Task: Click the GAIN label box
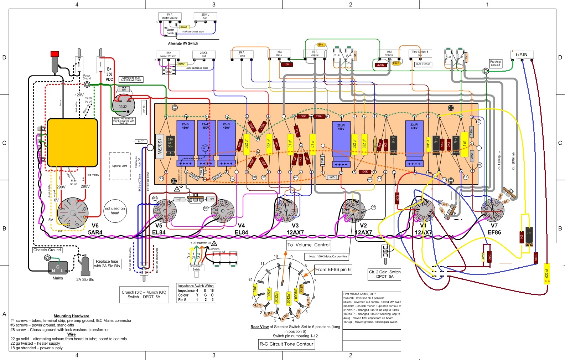click(x=522, y=55)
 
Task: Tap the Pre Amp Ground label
click(x=495, y=63)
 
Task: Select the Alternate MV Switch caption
click(x=183, y=43)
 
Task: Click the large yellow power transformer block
click(x=72, y=143)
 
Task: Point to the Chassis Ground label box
click(x=47, y=250)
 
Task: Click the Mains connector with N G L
click(x=58, y=268)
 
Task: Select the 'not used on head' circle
click(x=115, y=211)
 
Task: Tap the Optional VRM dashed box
click(x=120, y=166)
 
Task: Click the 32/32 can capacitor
click(x=123, y=106)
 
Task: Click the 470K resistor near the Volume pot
click(x=380, y=65)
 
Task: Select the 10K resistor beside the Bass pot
click(x=287, y=65)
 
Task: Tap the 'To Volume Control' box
click(x=309, y=245)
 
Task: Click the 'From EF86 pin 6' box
click(x=333, y=269)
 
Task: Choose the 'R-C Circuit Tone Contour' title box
click(x=286, y=344)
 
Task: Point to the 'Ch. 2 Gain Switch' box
click(x=385, y=274)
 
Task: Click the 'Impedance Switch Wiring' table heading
click(x=196, y=286)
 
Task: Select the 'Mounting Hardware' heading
click(x=71, y=316)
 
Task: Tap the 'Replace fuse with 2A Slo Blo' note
click(x=107, y=263)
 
